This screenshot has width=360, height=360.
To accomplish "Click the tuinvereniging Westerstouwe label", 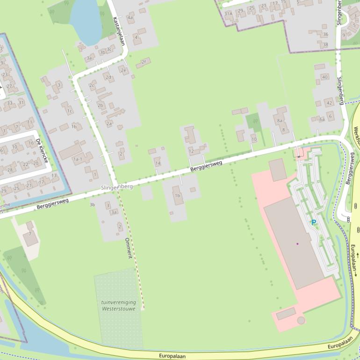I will click(x=118, y=305).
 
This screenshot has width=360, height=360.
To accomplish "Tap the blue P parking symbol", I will click(x=314, y=223).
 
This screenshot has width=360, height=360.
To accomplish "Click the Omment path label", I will click(x=129, y=248).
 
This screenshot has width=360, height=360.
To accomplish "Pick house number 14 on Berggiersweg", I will click(x=158, y=163).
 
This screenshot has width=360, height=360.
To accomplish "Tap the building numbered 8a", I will click(x=280, y=121).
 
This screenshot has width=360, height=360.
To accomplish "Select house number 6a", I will click(x=322, y=119).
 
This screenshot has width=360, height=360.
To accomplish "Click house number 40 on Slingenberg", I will click(x=324, y=77).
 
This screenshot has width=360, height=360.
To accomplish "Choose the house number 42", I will click(x=329, y=103).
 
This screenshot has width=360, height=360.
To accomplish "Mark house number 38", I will click(x=325, y=45).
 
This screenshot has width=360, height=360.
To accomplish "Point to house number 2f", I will click(x=144, y=62).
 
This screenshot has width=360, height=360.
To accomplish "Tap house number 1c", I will click(x=70, y=111).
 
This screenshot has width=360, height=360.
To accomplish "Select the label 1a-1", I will click(x=77, y=159).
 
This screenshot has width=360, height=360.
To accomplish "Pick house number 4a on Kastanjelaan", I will click(x=130, y=18).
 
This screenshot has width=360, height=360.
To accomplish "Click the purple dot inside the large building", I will click(x=297, y=244).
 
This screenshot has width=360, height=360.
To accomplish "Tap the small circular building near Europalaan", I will click(x=301, y=320).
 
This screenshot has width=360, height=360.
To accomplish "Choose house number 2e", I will click(x=123, y=71).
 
